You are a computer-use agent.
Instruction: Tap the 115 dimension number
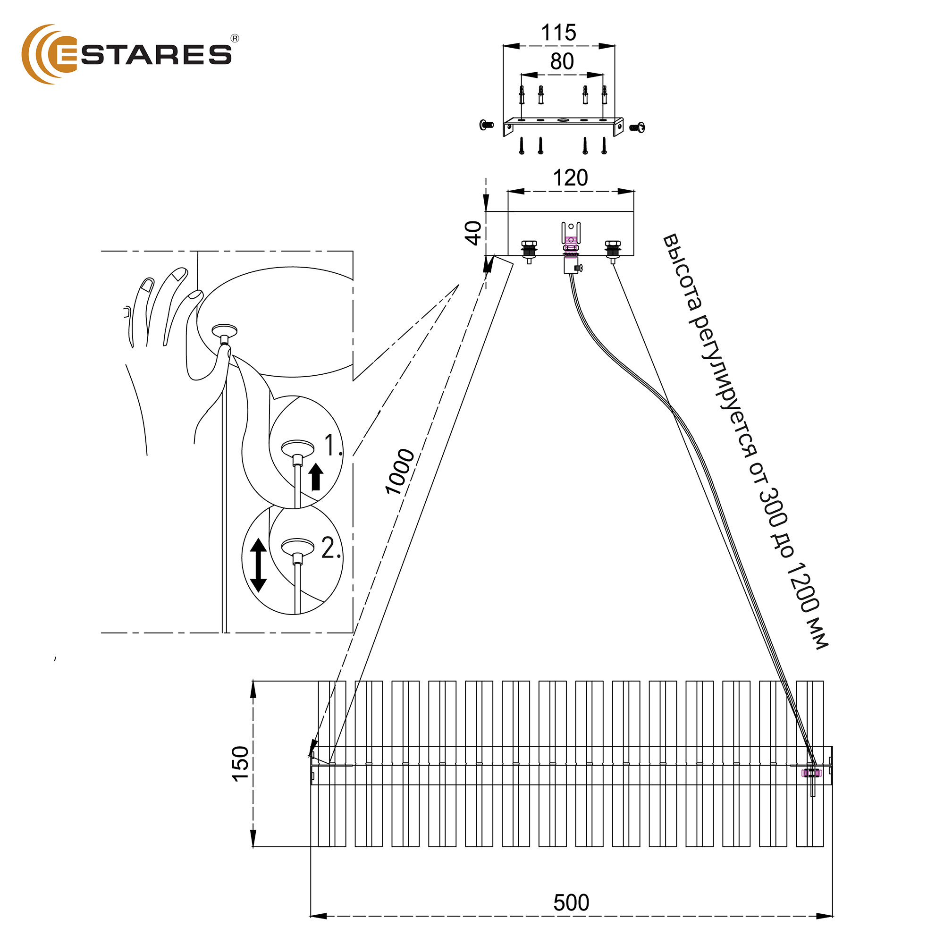(558, 33)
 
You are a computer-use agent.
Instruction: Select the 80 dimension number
(562, 61)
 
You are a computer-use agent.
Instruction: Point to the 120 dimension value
(570, 178)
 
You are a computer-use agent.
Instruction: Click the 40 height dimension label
(473, 233)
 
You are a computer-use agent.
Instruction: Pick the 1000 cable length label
(400, 472)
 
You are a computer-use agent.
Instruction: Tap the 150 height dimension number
(240, 764)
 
